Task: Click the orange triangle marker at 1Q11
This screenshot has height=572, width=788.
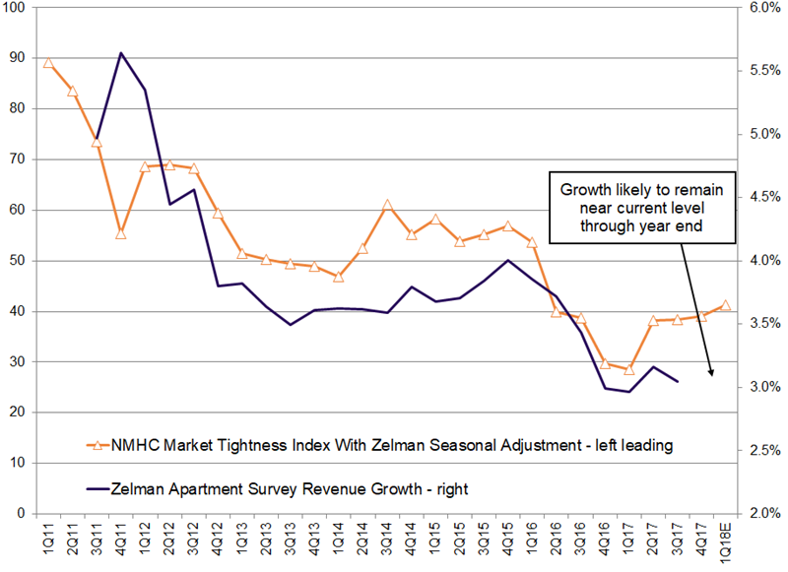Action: coord(48,63)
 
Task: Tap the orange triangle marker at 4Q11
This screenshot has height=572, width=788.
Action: coord(121,233)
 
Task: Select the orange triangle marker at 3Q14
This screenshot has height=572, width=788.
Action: coord(387,206)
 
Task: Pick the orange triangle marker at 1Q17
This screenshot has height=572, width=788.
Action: coord(628,369)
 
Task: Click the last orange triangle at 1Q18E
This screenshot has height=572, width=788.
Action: coord(726,305)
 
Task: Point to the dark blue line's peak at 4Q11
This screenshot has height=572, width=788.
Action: coord(121,53)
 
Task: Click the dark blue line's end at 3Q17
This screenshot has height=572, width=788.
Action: coord(677,381)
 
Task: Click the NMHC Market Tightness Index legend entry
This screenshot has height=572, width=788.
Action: coord(379,445)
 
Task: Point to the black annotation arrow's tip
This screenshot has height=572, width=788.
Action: coord(711,376)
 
